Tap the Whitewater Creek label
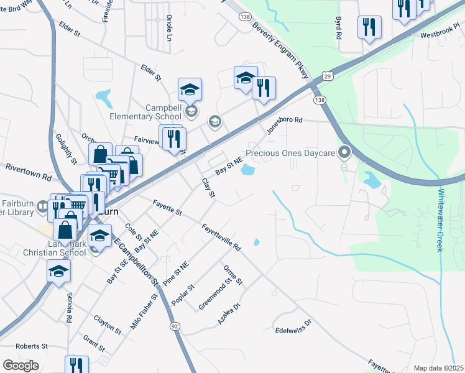point(440,220)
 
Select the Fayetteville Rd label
point(221,237)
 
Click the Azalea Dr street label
point(228,312)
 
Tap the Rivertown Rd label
point(28,172)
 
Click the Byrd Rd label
point(339,29)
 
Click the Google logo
point(21,366)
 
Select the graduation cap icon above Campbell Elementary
point(190,90)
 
